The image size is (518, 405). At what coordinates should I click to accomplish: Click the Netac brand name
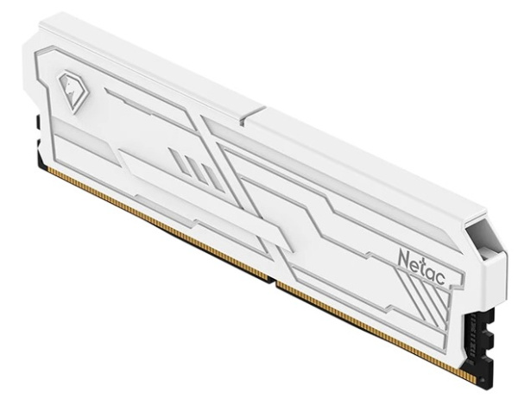[421, 266]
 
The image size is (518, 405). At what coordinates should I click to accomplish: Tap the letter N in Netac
[404, 258]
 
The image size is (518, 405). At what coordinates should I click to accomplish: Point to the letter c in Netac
[440, 278]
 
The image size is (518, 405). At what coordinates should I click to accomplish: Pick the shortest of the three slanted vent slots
[210, 178]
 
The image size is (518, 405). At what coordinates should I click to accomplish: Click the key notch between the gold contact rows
[272, 280]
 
